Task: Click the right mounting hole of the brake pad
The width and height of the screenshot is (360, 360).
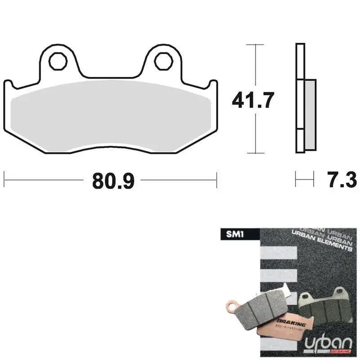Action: tap(162, 61)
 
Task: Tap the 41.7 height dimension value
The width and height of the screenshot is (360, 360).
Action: tap(252, 100)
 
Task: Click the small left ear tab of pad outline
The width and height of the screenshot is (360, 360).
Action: tap(8, 85)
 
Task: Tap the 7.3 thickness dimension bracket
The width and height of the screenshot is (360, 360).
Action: tap(304, 178)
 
